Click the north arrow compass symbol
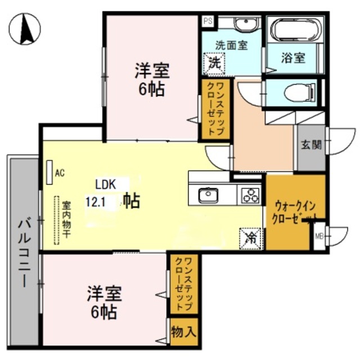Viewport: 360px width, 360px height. click(x=25, y=29)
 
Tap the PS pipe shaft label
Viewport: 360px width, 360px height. click(x=208, y=21)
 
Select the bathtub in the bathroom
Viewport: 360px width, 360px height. click(x=295, y=29)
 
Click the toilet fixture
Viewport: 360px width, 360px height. click(x=300, y=93)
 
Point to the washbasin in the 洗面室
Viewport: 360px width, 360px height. click(x=246, y=24)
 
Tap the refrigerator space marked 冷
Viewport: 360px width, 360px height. click(x=250, y=238)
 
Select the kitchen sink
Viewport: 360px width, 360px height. click(x=208, y=195)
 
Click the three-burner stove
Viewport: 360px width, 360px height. click(x=250, y=195)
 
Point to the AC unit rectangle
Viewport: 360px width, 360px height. click(x=49, y=172)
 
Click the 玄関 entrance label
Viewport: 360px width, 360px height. click(x=311, y=145)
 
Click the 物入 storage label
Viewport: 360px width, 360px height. click(x=184, y=332)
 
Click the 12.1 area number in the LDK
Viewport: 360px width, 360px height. click(x=95, y=202)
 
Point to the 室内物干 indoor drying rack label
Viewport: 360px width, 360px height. click(x=66, y=220)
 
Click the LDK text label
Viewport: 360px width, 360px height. click(x=105, y=184)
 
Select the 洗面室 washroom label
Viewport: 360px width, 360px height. click(x=231, y=45)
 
